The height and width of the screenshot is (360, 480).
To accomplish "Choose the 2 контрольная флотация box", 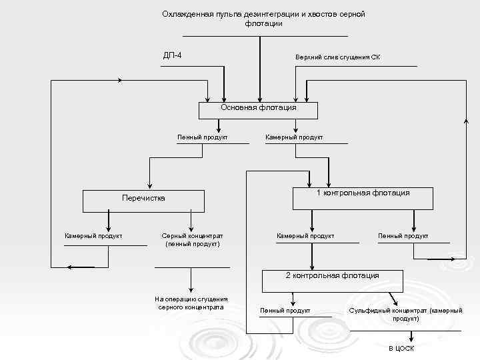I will tap(332, 280).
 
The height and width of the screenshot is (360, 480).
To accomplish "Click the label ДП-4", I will tap(173, 55).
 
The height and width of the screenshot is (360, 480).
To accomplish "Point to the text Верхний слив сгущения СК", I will tap(339, 57).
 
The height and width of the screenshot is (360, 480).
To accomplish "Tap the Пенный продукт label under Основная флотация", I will tap(203, 137).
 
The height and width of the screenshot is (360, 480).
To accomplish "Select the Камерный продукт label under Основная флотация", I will tap(294, 137).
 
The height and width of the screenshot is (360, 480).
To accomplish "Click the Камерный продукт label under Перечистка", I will tap(93, 236).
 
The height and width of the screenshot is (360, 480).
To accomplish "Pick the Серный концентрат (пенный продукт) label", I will tap(193, 240).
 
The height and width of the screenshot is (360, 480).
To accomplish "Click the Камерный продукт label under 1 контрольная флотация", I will tap(305, 236).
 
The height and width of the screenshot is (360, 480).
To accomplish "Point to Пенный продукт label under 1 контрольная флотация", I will tap(403, 236).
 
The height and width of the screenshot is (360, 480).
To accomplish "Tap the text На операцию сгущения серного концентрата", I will tap(191, 303).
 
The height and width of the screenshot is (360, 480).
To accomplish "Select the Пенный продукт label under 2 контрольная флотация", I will tap(285, 311).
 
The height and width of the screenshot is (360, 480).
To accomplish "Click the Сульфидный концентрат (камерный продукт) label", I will tap(405, 315).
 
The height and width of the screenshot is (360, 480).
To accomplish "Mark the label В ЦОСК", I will tap(401, 349).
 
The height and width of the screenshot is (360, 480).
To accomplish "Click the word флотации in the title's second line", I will tap(263, 23).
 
